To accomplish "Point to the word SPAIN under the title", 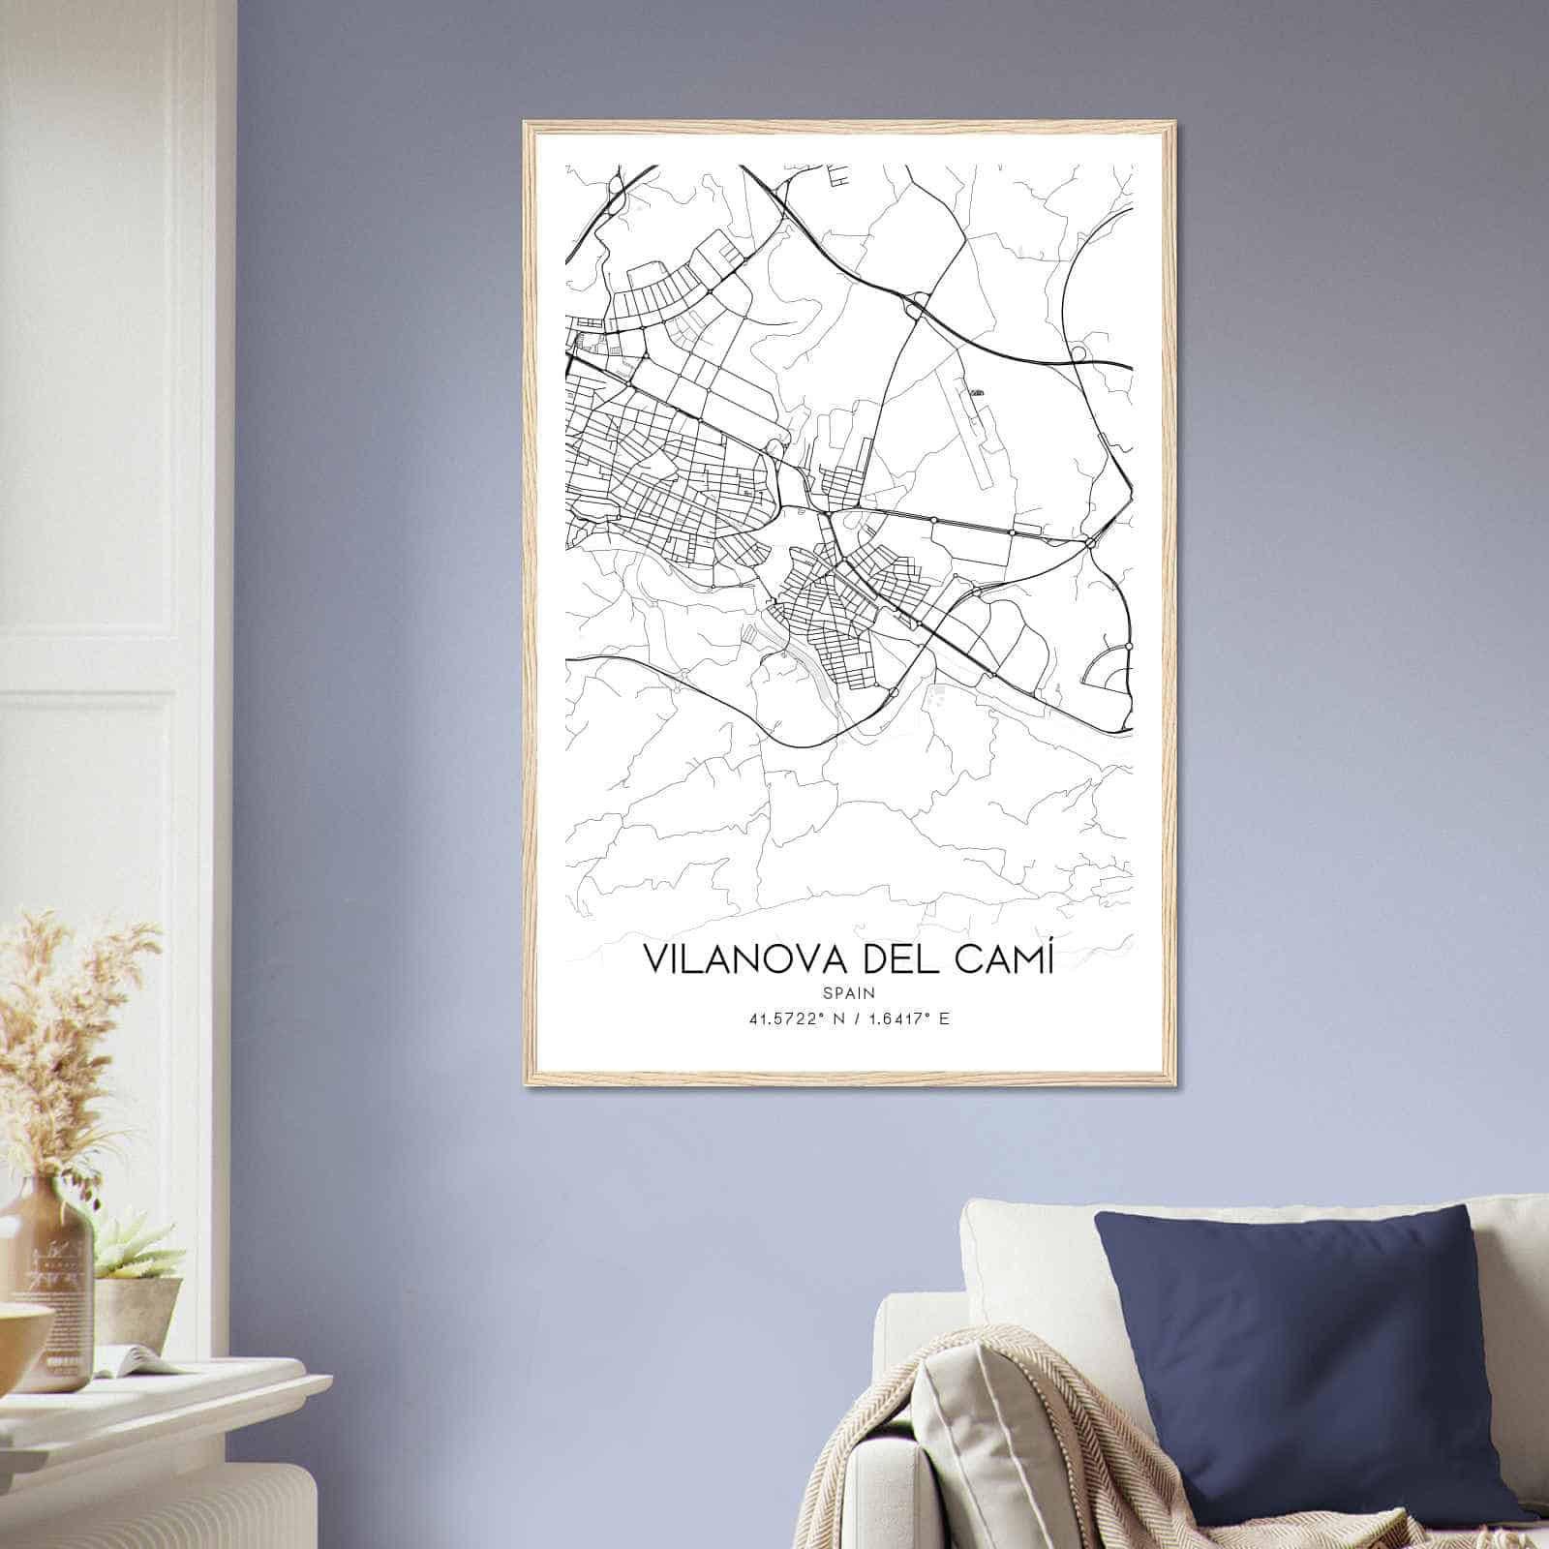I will [848, 993].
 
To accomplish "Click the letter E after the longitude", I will [944, 1018].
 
